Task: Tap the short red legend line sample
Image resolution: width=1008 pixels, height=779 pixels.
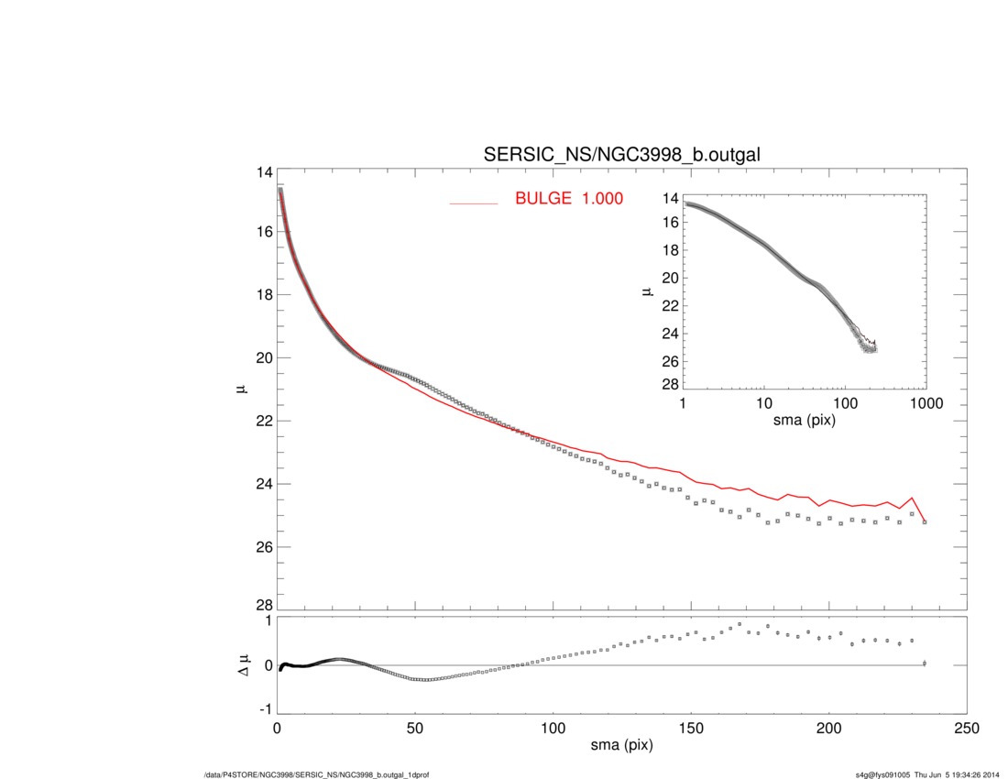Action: (473, 203)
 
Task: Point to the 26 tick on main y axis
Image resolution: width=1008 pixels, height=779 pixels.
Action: (265, 547)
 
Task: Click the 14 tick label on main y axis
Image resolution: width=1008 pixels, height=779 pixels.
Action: (265, 173)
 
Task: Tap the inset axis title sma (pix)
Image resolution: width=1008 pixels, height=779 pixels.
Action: (805, 421)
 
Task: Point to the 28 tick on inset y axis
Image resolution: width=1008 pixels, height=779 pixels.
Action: (670, 383)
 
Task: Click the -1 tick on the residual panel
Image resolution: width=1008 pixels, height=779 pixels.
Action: (266, 709)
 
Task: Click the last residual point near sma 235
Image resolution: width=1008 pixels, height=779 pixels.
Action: (925, 663)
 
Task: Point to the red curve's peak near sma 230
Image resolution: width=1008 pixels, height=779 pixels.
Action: (912, 498)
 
